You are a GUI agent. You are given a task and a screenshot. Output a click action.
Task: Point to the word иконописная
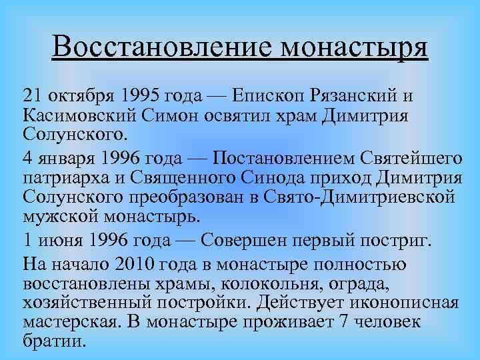coord(409,304)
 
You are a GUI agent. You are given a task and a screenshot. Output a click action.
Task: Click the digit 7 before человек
coord(347,323)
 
